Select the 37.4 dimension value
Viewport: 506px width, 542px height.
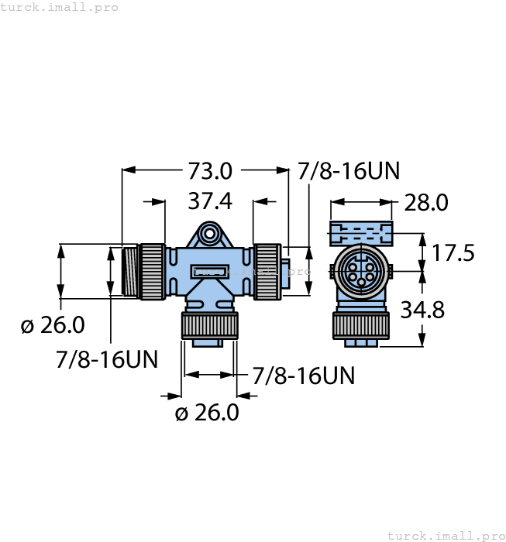point(210,201)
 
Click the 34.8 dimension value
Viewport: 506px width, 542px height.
point(422,310)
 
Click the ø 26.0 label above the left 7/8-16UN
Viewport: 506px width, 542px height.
point(53,325)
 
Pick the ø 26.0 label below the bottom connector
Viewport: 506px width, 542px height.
point(207,413)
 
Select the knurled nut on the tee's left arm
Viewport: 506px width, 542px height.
point(152,271)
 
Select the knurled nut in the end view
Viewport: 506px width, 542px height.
point(361,324)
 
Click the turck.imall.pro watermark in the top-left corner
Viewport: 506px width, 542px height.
point(60,7)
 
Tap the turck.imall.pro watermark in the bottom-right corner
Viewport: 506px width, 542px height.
point(445,535)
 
